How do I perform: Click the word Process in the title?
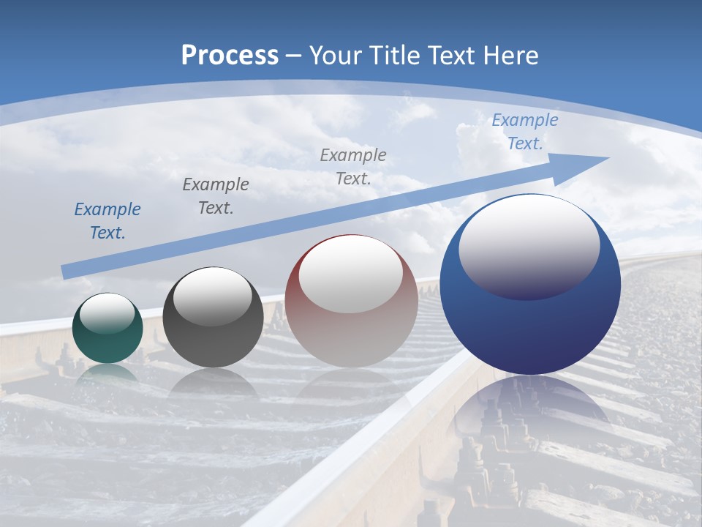(x=230, y=56)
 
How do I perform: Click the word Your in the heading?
(x=335, y=56)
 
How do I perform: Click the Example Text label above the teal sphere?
(x=107, y=221)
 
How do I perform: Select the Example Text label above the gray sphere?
(x=216, y=196)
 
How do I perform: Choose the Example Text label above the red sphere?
(x=353, y=166)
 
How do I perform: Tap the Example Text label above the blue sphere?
(x=524, y=132)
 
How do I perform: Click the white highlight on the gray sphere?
(x=213, y=296)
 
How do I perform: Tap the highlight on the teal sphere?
(x=107, y=313)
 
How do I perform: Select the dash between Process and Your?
(x=294, y=56)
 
